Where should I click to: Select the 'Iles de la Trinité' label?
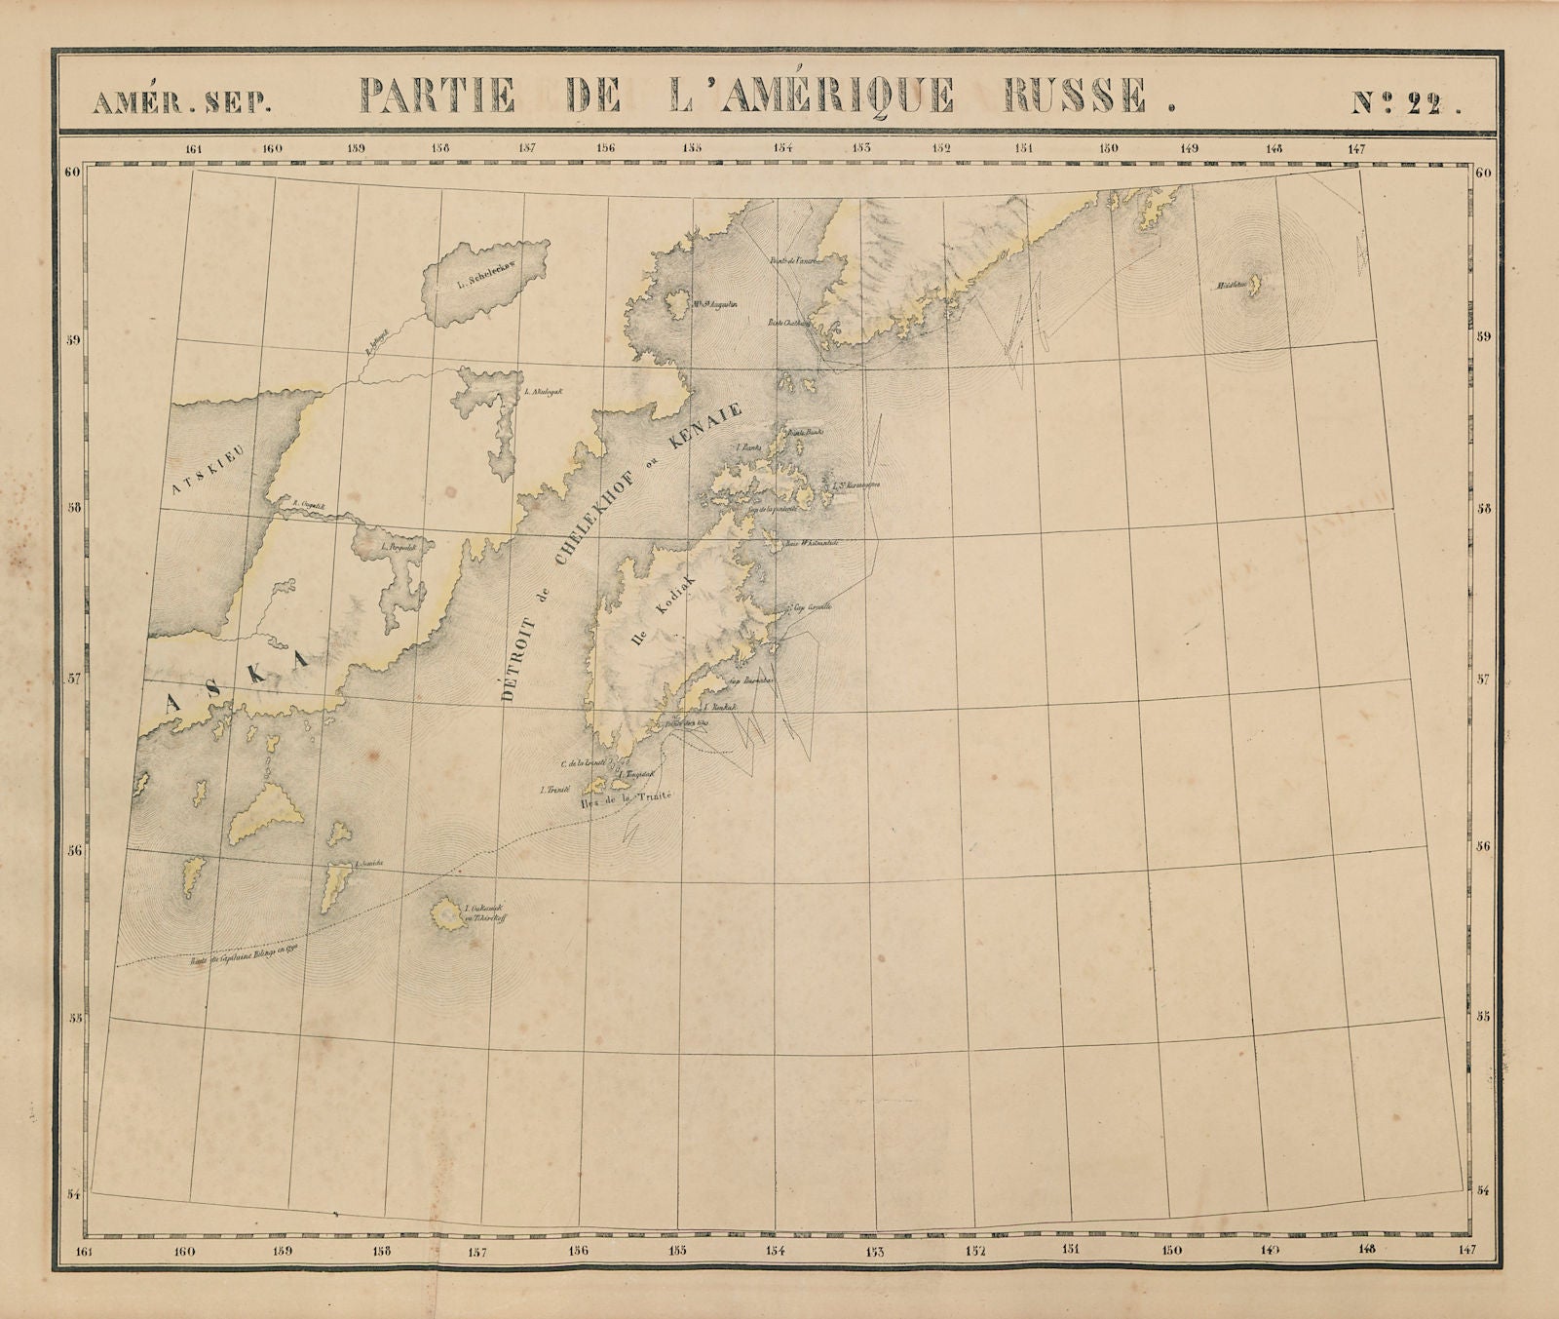coord(627,799)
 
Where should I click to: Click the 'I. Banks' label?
coord(748,447)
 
